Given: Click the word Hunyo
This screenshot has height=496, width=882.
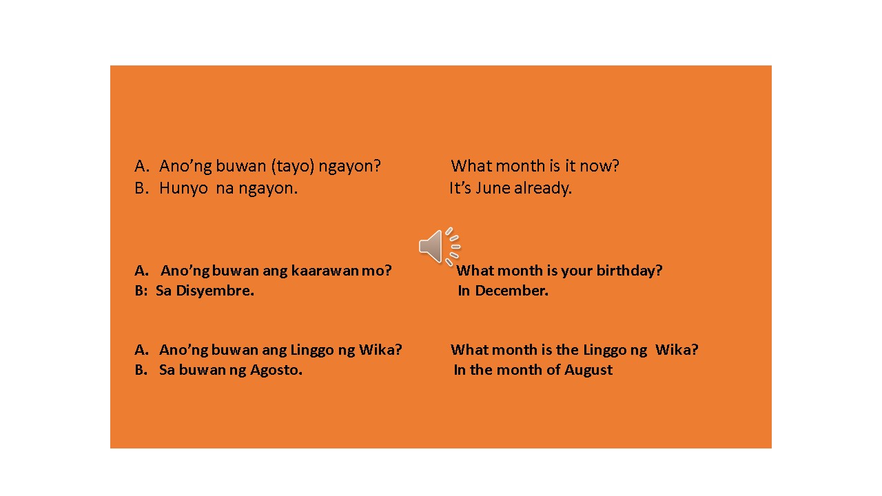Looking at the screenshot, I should click(x=183, y=188).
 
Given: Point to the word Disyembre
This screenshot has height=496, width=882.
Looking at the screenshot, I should click(x=215, y=291).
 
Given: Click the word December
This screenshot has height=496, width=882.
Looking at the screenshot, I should click(x=511, y=291).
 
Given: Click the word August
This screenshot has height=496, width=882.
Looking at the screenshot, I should click(x=588, y=370).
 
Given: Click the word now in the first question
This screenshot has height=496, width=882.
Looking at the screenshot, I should click(x=602, y=166).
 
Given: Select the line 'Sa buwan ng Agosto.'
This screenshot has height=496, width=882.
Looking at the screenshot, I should click(x=230, y=370).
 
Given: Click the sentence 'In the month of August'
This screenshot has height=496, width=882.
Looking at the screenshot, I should click(x=533, y=370).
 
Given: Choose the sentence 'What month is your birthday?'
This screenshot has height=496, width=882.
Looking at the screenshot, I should click(x=559, y=271).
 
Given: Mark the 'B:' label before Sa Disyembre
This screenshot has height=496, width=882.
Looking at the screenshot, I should click(x=141, y=291).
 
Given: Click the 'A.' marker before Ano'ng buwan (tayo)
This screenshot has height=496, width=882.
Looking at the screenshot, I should click(x=141, y=166).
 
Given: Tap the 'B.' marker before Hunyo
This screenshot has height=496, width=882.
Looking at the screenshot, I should click(x=141, y=188).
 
